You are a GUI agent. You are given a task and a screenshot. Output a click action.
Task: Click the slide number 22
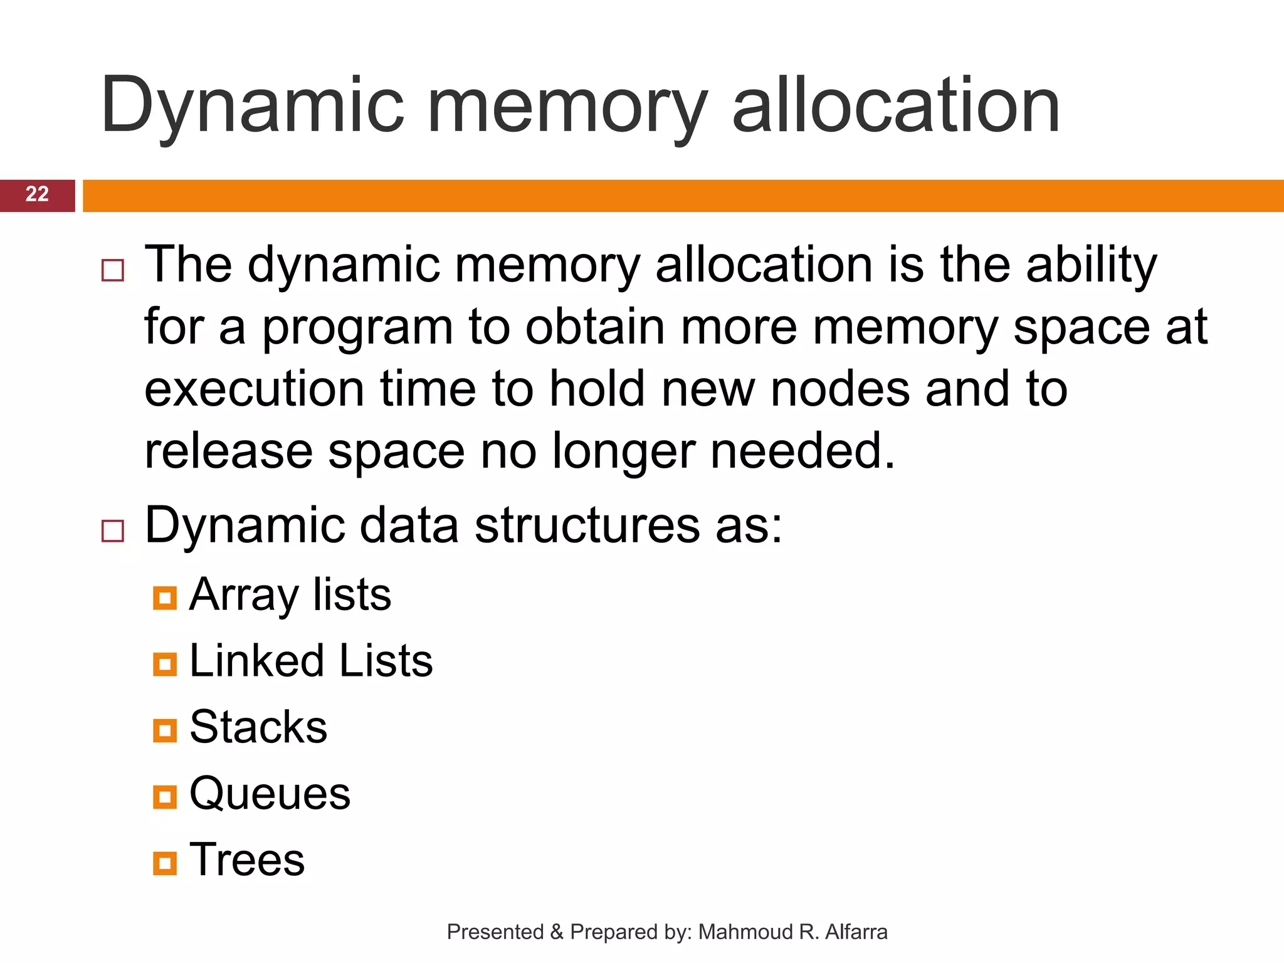point(37,194)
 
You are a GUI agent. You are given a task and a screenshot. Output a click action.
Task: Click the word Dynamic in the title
point(251,105)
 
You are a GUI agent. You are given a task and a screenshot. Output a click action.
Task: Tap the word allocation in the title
point(896,105)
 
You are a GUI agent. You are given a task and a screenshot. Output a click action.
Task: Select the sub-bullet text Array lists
point(290,594)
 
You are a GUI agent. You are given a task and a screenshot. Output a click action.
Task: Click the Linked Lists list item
point(311,661)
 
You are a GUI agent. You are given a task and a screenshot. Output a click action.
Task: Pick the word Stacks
point(258,727)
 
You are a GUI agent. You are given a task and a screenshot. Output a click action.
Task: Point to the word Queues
point(270,794)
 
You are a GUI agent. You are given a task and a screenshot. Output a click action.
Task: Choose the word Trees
point(247,860)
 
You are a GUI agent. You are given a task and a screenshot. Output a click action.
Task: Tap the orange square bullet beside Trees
point(165,863)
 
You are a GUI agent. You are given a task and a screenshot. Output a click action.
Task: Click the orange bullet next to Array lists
point(165,598)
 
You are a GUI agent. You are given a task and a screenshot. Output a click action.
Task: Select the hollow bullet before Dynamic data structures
point(113,531)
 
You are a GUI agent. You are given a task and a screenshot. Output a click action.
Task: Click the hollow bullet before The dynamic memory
point(113,270)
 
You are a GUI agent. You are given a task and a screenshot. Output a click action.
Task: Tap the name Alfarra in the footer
point(856,932)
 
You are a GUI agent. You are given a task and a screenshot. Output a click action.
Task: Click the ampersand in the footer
point(557,932)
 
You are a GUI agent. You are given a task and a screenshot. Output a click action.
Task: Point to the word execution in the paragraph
point(254,389)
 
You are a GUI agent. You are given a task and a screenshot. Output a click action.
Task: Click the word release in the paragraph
point(228,451)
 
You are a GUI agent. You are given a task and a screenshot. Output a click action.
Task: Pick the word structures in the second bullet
point(587,525)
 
